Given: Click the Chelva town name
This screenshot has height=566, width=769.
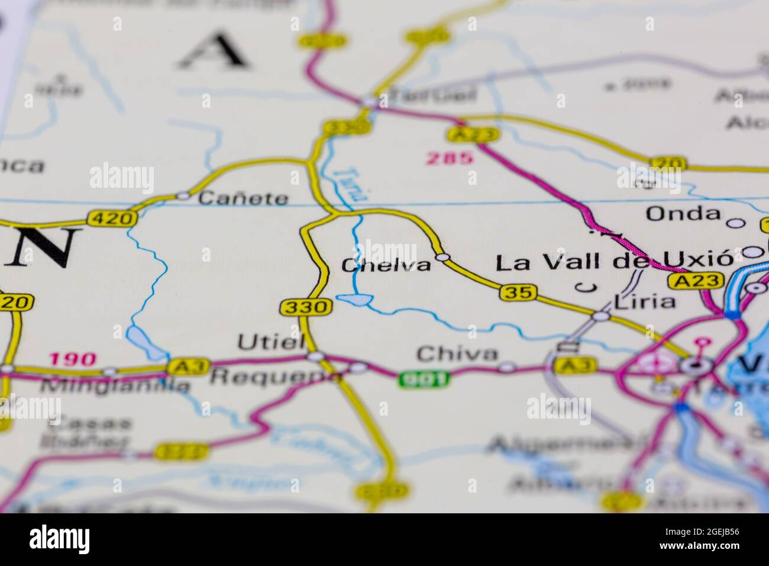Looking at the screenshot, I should (x=386, y=265).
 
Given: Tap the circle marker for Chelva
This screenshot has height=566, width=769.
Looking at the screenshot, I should (x=442, y=258).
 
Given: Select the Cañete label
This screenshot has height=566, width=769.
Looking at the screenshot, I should (x=243, y=198).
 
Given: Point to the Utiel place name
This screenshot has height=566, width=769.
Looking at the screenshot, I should (x=271, y=342).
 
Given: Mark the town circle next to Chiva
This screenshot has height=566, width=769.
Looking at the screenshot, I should (x=506, y=367).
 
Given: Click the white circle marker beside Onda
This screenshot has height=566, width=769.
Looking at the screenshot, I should (x=735, y=223).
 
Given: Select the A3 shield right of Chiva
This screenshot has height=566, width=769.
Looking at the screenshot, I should (x=574, y=365).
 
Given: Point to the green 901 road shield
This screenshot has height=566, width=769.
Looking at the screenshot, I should (x=424, y=378).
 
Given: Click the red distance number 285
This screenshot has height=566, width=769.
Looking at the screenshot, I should (x=450, y=158).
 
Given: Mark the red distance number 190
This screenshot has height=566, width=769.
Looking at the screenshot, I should (x=72, y=358).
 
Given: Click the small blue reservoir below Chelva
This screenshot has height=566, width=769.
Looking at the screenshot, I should (x=354, y=300).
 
